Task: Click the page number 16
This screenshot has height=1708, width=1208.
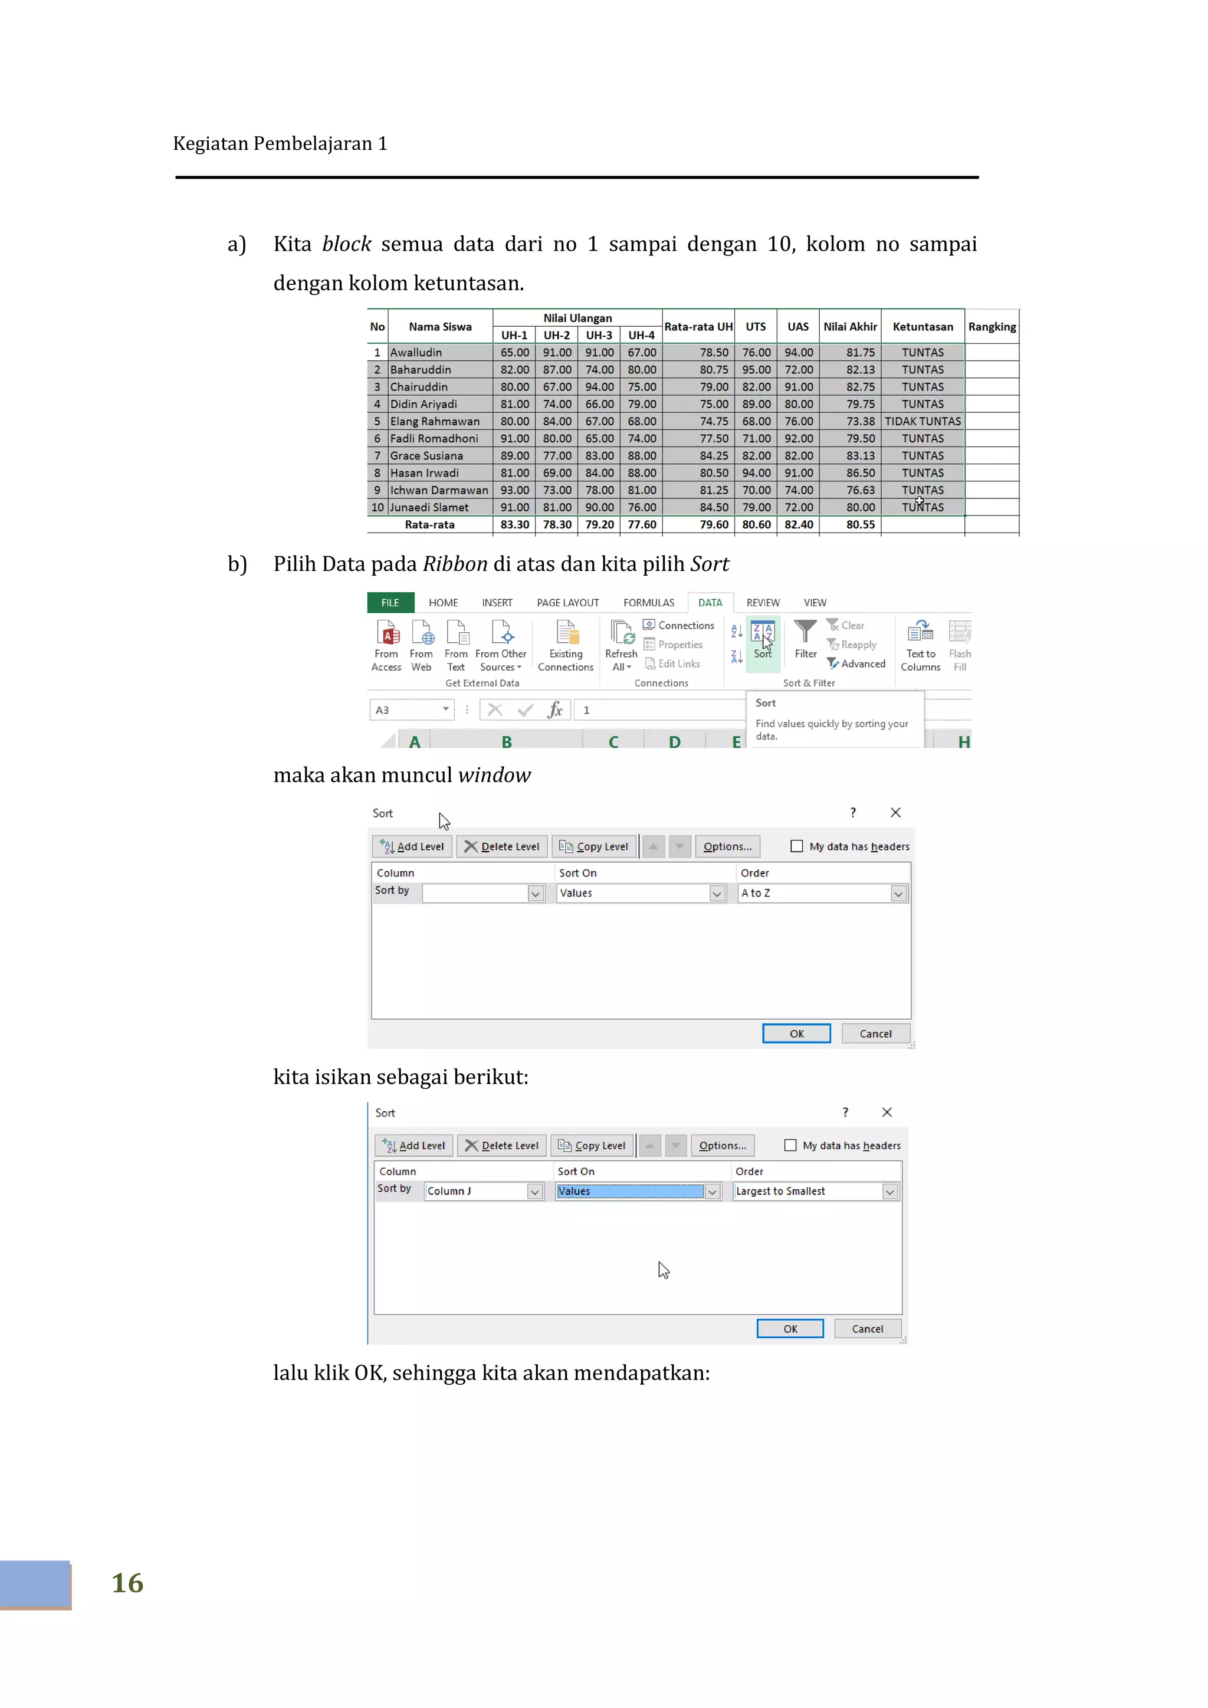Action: point(127,1583)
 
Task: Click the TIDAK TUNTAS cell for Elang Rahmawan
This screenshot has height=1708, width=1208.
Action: point(923,421)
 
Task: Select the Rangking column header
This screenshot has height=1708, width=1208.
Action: point(992,327)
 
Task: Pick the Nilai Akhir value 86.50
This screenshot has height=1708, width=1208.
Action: point(860,473)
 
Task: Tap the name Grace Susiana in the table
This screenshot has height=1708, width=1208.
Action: point(426,456)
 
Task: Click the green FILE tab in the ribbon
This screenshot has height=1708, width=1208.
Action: point(390,603)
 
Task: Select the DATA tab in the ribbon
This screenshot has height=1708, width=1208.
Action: point(710,603)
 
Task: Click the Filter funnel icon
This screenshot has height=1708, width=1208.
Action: point(805,632)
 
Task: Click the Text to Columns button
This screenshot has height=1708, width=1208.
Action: point(920,645)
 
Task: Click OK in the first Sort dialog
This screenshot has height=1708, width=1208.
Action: point(796,1033)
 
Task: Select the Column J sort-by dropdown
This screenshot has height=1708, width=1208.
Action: point(484,1191)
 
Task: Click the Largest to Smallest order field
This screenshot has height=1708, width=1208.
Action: point(815,1191)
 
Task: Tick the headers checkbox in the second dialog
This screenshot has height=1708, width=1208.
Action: point(790,1145)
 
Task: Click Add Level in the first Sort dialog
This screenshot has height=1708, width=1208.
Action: point(413,846)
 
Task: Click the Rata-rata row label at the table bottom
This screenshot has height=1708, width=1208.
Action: point(429,524)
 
